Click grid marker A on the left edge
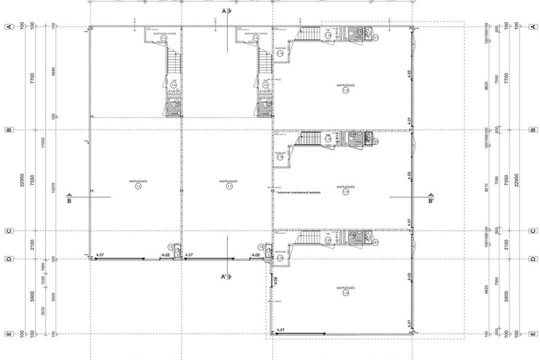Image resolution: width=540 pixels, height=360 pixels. click(8, 26)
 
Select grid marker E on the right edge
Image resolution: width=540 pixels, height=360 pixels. click(532, 334)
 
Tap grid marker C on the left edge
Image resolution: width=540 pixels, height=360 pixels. click(8, 231)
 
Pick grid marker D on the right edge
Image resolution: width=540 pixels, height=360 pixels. click(532, 259)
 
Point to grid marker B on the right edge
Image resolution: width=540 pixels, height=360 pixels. click(532, 129)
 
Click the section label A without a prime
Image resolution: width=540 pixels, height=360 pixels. click(224, 11)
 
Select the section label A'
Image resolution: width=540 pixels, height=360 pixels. click(224, 277)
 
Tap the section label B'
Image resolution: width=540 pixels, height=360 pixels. click(431, 202)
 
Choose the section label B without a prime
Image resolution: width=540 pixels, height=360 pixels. click(69, 202)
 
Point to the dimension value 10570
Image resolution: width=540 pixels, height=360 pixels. click(53, 180)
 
